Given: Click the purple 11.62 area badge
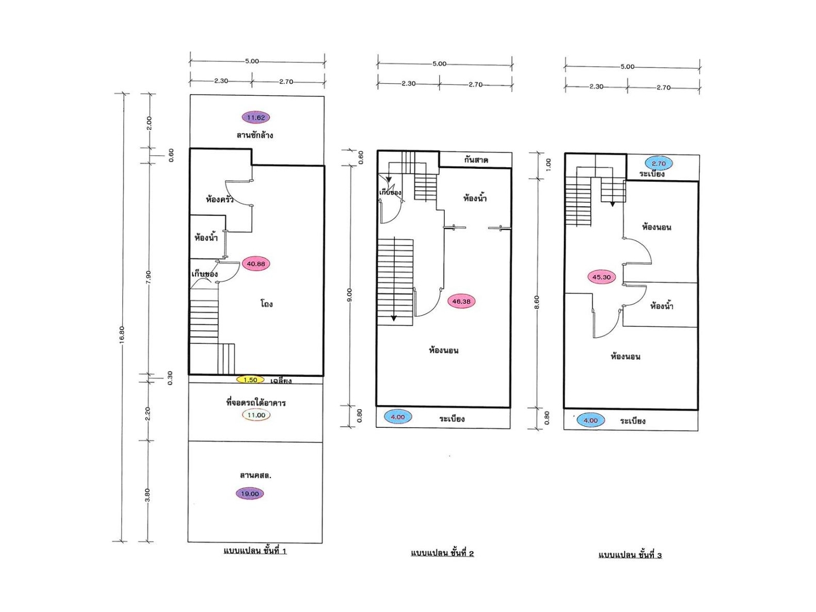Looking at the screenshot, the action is click(256, 117).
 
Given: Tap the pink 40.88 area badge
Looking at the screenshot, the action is click(256, 264).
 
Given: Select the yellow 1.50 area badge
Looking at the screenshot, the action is click(250, 380).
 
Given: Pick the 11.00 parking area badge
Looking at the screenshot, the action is click(256, 415).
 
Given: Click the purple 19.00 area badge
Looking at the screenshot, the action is click(250, 494).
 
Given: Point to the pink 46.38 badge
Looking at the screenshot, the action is click(461, 301).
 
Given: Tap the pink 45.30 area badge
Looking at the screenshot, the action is click(601, 277).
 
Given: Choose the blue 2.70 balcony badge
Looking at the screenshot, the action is click(658, 163).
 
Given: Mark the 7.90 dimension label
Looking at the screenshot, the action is click(148, 277).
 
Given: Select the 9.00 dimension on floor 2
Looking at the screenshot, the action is click(349, 295).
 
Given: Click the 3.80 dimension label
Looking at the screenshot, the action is click(147, 495).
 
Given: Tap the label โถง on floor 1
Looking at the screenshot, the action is click(266, 304).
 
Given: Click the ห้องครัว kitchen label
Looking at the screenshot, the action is click(220, 199).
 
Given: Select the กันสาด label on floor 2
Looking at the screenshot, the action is click(476, 160).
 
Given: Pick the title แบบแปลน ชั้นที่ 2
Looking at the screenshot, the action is click(443, 553).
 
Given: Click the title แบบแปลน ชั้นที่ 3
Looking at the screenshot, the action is click(630, 555).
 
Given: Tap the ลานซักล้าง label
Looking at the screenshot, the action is click(254, 135).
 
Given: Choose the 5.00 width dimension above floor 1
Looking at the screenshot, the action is click(252, 61).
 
